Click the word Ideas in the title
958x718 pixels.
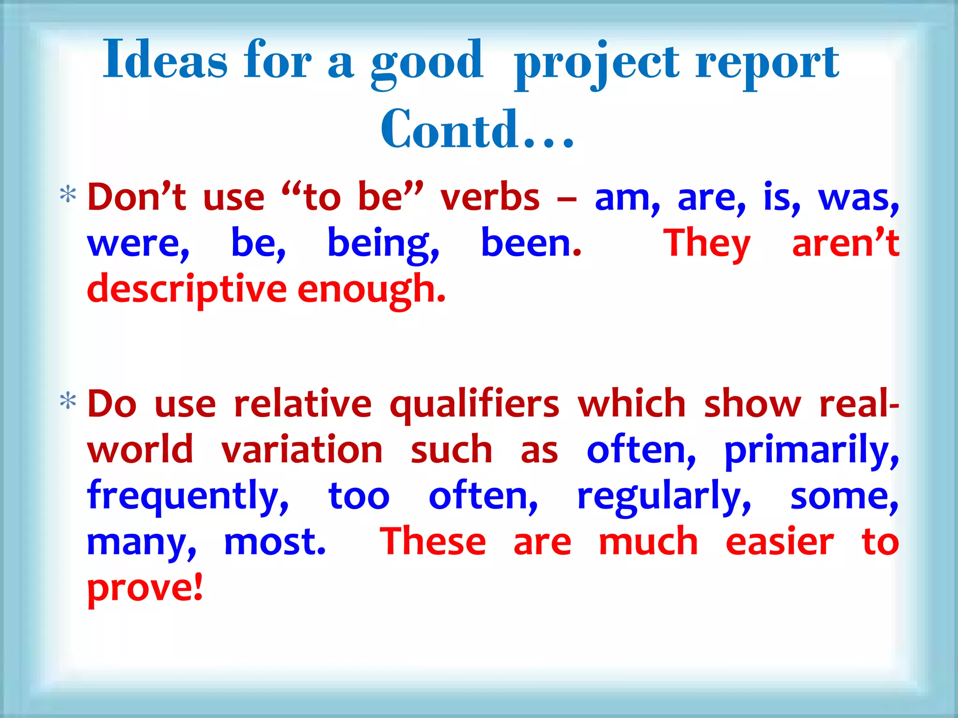(x=165, y=60)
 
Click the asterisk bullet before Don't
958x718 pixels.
(x=68, y=194)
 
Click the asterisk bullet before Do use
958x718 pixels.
(x=68, y=402)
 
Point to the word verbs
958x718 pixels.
(x=490, y=198)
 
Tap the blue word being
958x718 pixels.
(x=383, y=244)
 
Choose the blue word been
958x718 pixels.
(x=531, y=243)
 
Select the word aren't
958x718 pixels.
(x=845, y=243)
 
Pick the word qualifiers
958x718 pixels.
(x=474, y=405)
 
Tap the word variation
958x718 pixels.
(x=302, y=450)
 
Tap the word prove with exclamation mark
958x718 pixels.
(x=145, y=588)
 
